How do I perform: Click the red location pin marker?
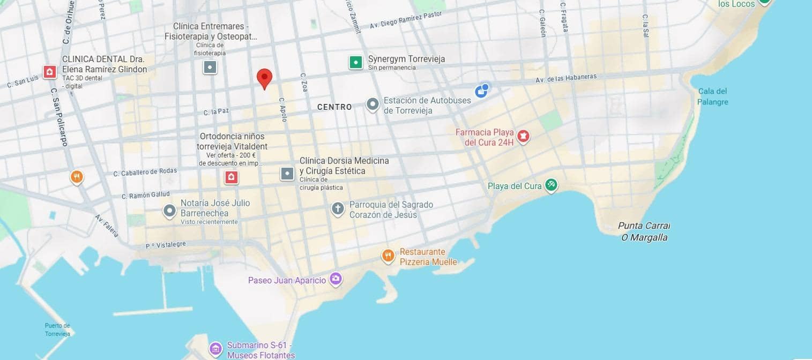pyautogui.click(x=264, y=78)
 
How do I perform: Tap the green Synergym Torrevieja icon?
pyautogui.click(x=355, y=62)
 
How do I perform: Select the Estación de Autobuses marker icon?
pyautogui.click(x=373, y=104)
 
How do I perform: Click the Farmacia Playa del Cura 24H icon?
pyautogui.click(x=523, y=136)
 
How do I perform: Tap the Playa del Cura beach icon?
pyautogui.click(x=551, y=186)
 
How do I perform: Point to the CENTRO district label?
pyautogui.click(x=334, y=107)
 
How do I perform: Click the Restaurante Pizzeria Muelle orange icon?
pyautogui.click(x=388, y=256)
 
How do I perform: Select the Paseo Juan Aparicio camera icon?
pyautogui.click(x=336, y=279)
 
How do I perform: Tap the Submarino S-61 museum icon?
pyautogui.click(x=215, y=349)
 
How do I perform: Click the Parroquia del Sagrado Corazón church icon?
pyautogui.click(x=338, y=208)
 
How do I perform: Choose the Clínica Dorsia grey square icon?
pyautogui.click(x=287, y=174)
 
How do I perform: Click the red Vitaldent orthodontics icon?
pyautogui.click(x=232, y=177)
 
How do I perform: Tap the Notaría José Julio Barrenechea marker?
pyautogui.click(x=169, y=211)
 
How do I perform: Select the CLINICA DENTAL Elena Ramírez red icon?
pyautogui.click(x=50, y=72)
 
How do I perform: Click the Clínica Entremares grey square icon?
pyautogui.click(x=210, y=67)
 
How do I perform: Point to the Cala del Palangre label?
pyautogui.click(x=712, y=96)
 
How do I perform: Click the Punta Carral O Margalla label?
pyautogui.click(x=644, y=231)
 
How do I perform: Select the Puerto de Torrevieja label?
pyautogui.click(x=57, y=329)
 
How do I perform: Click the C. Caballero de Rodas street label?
pyautogui.click(x=145, y=172)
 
